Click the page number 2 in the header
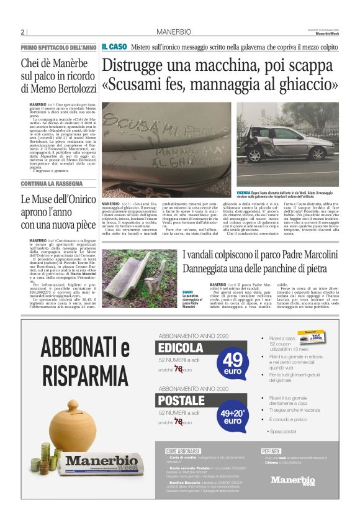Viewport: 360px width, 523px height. (x=22, y=32)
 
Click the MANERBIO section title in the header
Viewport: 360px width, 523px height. (x=173, y=32)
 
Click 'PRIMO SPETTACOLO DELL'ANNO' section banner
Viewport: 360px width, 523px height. (x=58, y=48)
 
